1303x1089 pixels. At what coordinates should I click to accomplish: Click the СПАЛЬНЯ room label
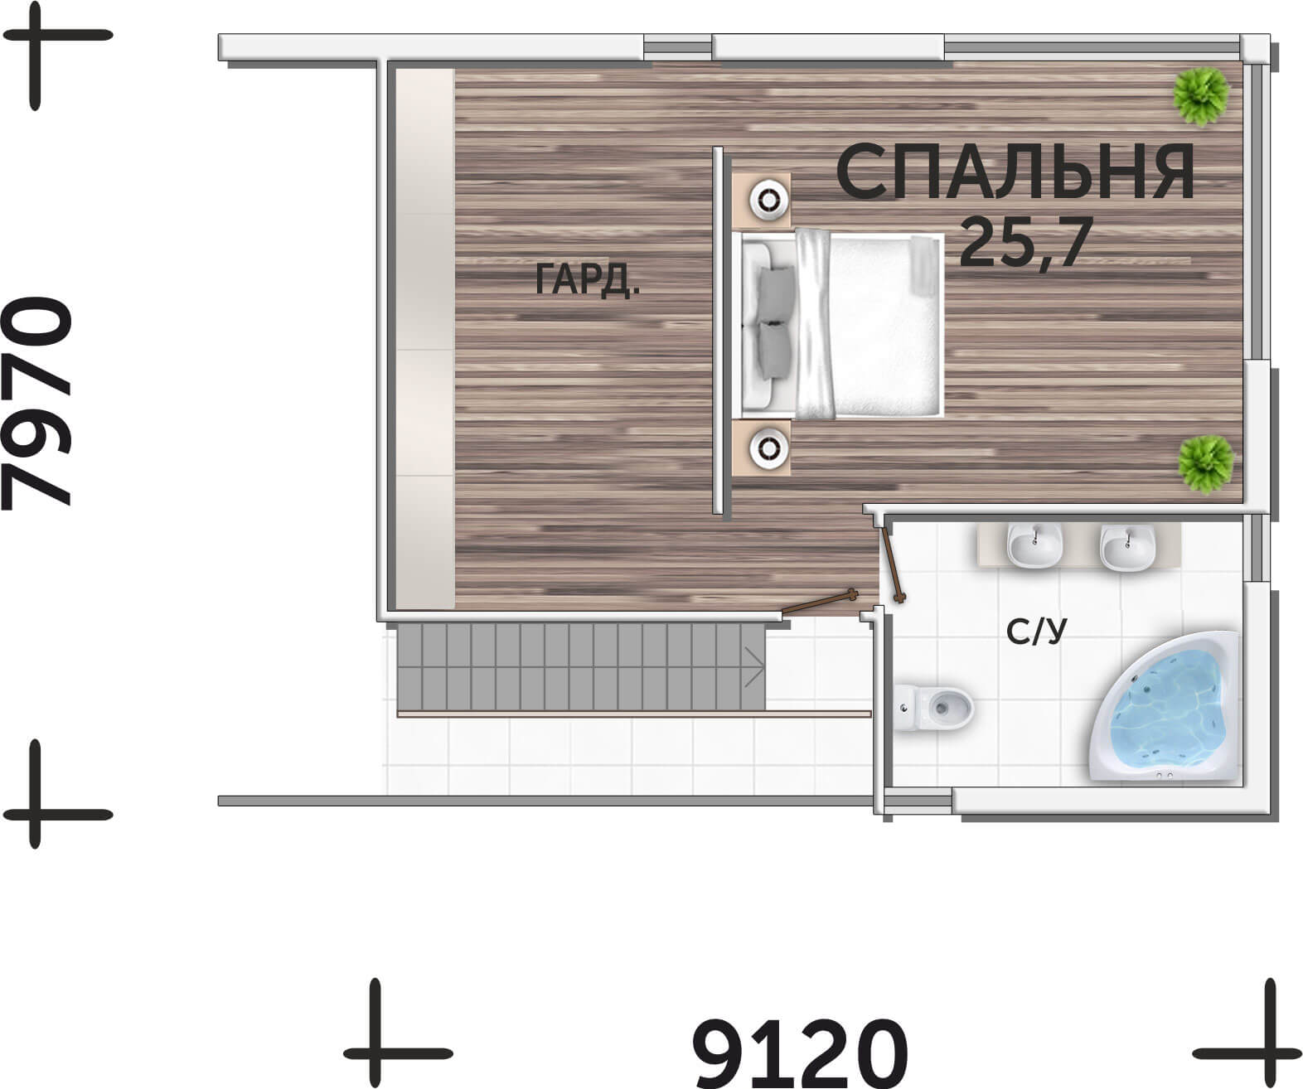1015,172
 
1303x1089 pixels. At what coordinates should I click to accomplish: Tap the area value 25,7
1026,244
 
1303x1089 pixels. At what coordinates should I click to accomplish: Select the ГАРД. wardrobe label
588,279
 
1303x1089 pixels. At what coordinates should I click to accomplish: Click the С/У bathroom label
1037,631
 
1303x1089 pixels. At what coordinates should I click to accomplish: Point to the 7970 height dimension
36,404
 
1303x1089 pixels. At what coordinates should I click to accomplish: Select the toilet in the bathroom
932,707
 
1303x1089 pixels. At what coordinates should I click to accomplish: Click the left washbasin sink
1034,544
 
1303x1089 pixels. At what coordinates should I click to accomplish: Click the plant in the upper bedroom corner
1201,97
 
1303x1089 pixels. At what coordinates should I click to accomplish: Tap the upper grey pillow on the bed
777,293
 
